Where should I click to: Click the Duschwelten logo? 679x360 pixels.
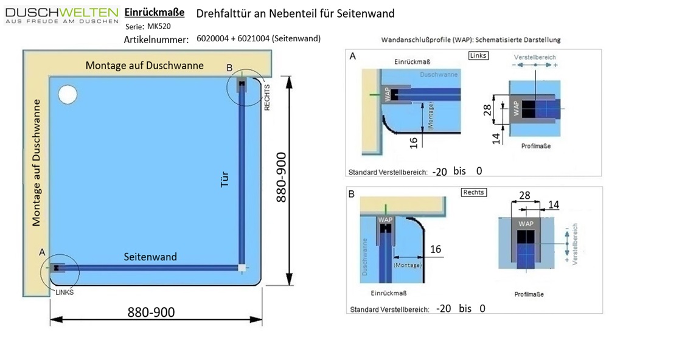tap(61, 15)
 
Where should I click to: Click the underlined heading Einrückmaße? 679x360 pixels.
tap(154, 13)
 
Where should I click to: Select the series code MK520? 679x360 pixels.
tap(159, 26)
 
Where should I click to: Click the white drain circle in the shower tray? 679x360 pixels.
tap(68, 94)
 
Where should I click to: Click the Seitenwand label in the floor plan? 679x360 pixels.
tap(150, 257)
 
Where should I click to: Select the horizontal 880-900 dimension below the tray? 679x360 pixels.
tap(151, 312)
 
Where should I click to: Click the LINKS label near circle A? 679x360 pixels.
tap(64, 292)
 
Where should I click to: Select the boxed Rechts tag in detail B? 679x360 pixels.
tap(473, 192)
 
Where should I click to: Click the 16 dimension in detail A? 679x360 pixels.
tap(414, 142)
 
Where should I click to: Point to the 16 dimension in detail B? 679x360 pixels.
tap(436, 249)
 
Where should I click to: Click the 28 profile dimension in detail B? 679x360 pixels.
tap(524, 195)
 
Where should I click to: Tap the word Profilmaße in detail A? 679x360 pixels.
tap(536, 146)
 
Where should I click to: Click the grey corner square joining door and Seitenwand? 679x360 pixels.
tap(242, 267)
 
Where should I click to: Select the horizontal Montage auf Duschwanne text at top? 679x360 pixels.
tap(144, 65)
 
